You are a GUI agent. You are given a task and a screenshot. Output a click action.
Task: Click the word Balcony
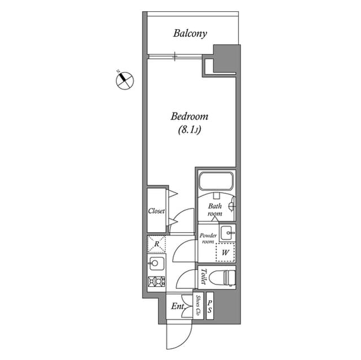pos(190,33)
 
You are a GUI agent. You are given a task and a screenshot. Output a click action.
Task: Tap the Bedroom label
pos(190,117)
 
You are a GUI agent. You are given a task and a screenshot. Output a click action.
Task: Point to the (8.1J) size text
pos(190,130)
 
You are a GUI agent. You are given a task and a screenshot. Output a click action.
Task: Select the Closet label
pos(156,211)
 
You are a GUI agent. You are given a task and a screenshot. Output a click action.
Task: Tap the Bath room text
pos(215,210)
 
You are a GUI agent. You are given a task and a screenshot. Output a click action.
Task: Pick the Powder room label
pos(207,237)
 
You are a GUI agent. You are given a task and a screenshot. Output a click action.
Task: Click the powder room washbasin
pos(227,232)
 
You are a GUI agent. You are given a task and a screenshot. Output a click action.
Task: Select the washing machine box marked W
pos(225,252)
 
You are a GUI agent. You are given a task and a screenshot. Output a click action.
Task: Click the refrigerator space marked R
pos(156,245)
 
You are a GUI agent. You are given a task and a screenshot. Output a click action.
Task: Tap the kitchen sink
pos(156,264)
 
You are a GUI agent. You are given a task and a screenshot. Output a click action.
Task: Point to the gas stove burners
pos(156,282)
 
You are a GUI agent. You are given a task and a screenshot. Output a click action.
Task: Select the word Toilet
pos(203,277)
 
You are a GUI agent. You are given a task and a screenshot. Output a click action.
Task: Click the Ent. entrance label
pos(177,308)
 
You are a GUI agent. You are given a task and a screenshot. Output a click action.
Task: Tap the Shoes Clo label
pos(198,305)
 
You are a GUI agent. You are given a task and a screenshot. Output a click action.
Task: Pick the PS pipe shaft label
pos(209,307)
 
